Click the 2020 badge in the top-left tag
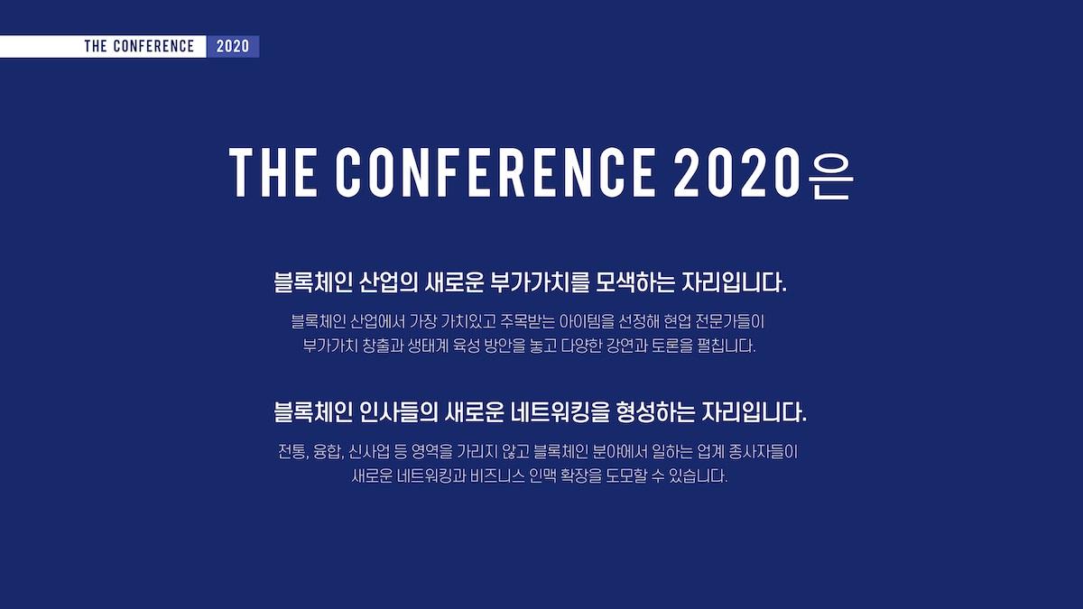coord(233,46)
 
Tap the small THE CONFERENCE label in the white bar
coord(139,46)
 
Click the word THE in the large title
coord(273,172)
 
